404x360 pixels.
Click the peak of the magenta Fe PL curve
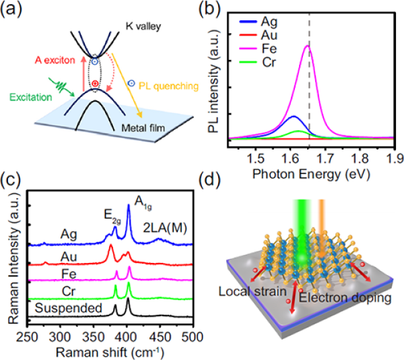click(308, 46)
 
